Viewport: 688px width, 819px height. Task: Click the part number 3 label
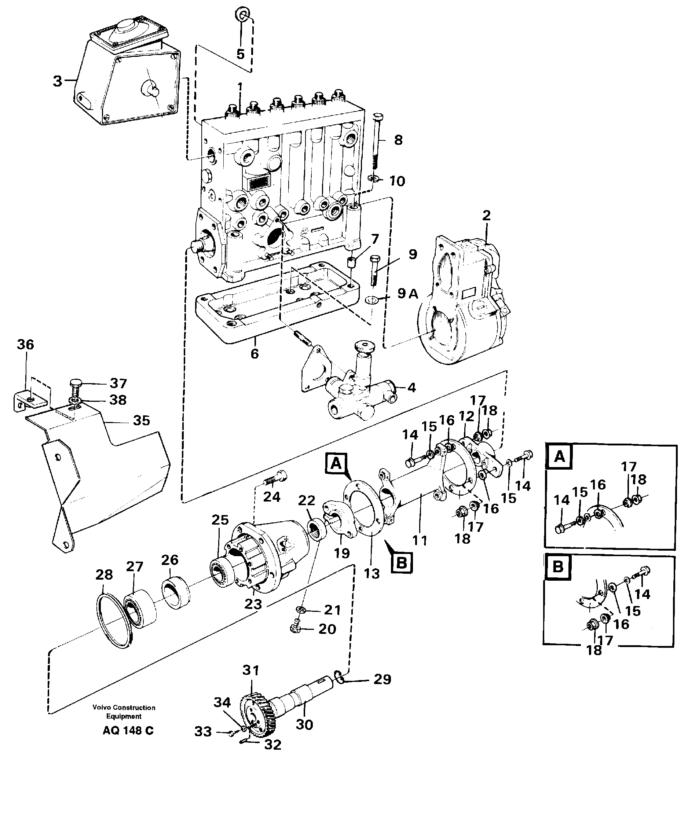click(57, 81)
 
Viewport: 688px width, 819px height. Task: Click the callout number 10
click(397, 181)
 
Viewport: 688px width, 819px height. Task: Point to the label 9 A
click(407, 293)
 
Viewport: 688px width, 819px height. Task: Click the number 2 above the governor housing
click(486, 215)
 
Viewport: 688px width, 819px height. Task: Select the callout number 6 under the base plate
click(255, 354)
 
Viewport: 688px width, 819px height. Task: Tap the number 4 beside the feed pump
click(411, 388)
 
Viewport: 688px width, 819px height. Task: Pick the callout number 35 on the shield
click(141, 420)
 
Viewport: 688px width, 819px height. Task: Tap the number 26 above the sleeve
click(170, 560)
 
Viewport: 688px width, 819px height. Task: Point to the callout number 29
click(382, 679)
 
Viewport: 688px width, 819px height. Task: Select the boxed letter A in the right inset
click(559, 456)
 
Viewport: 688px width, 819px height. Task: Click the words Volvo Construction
click(124, 708)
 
